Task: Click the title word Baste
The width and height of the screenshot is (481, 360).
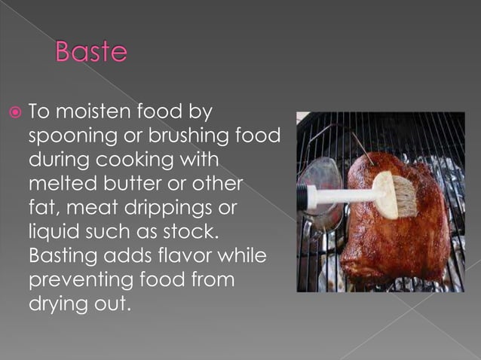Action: tap(91, 53)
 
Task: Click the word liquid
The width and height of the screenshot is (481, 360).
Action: tap(54, 232)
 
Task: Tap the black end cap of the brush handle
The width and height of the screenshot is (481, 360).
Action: tap(302, 198)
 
